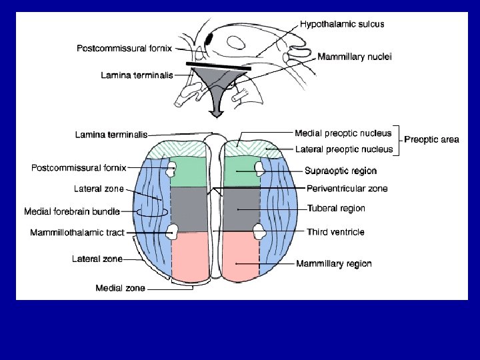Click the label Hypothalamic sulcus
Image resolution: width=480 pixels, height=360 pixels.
[x=341, y=24]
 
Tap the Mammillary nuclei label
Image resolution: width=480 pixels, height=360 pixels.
[x=354, y=57]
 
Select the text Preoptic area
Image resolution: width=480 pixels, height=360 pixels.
[x=431, y=140]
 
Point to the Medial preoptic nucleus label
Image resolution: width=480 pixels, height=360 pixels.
[x=343, y=133]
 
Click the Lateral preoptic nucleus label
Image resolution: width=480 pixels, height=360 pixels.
[x=343, y=149]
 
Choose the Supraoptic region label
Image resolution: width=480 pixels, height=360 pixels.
[x=341, y=171]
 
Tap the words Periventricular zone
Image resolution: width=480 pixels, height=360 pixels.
[x=347, y=189]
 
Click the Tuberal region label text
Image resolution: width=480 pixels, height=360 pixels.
[x=336, y=209]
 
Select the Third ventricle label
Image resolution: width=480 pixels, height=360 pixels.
[x=335, y=232]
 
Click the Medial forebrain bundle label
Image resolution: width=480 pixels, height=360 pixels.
[x=72, y=212]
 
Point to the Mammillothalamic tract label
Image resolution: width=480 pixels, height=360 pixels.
[x=77, y=233]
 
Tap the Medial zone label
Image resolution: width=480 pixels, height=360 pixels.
[x=120, y=289]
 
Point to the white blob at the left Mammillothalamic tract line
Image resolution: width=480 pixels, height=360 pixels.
[x=173, y=232]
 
